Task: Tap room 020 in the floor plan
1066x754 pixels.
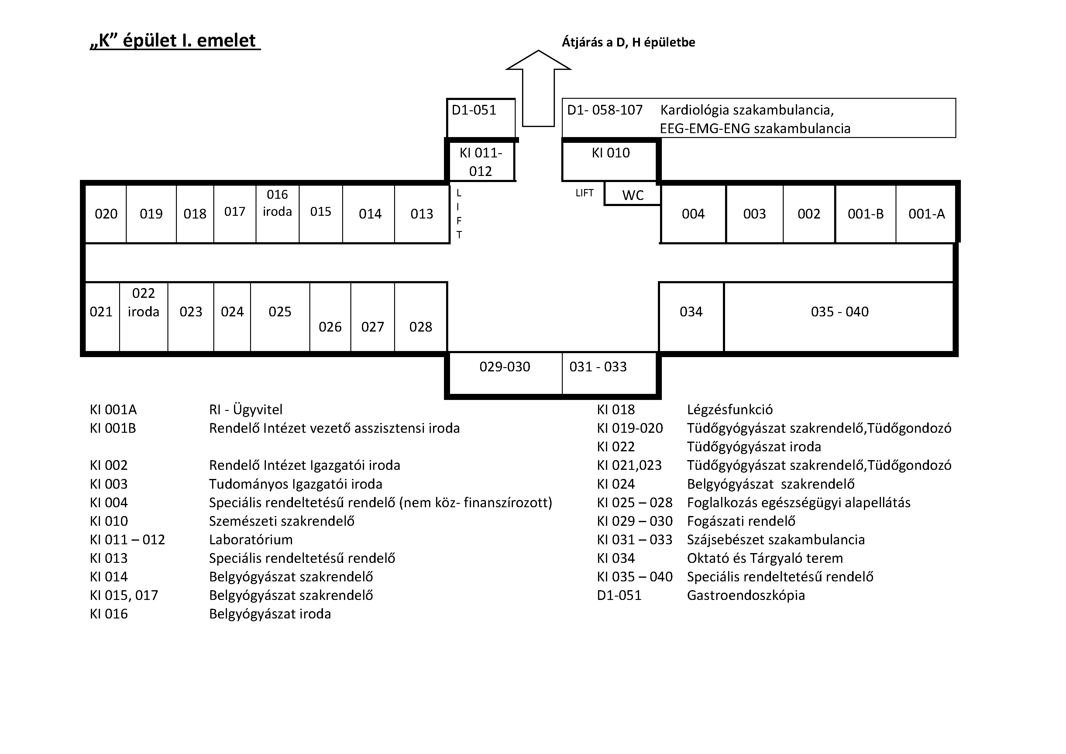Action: point(106,214)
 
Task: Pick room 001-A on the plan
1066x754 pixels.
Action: point(926,214)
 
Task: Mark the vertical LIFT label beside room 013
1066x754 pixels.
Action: point(459,214)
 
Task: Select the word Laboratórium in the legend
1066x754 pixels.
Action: point(251,539)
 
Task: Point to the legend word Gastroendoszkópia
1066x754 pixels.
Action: point(746,595)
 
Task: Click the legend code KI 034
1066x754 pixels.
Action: point(616,558)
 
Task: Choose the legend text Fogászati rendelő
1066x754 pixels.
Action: point(741,521)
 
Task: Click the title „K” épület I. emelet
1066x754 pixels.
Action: point(174,41)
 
